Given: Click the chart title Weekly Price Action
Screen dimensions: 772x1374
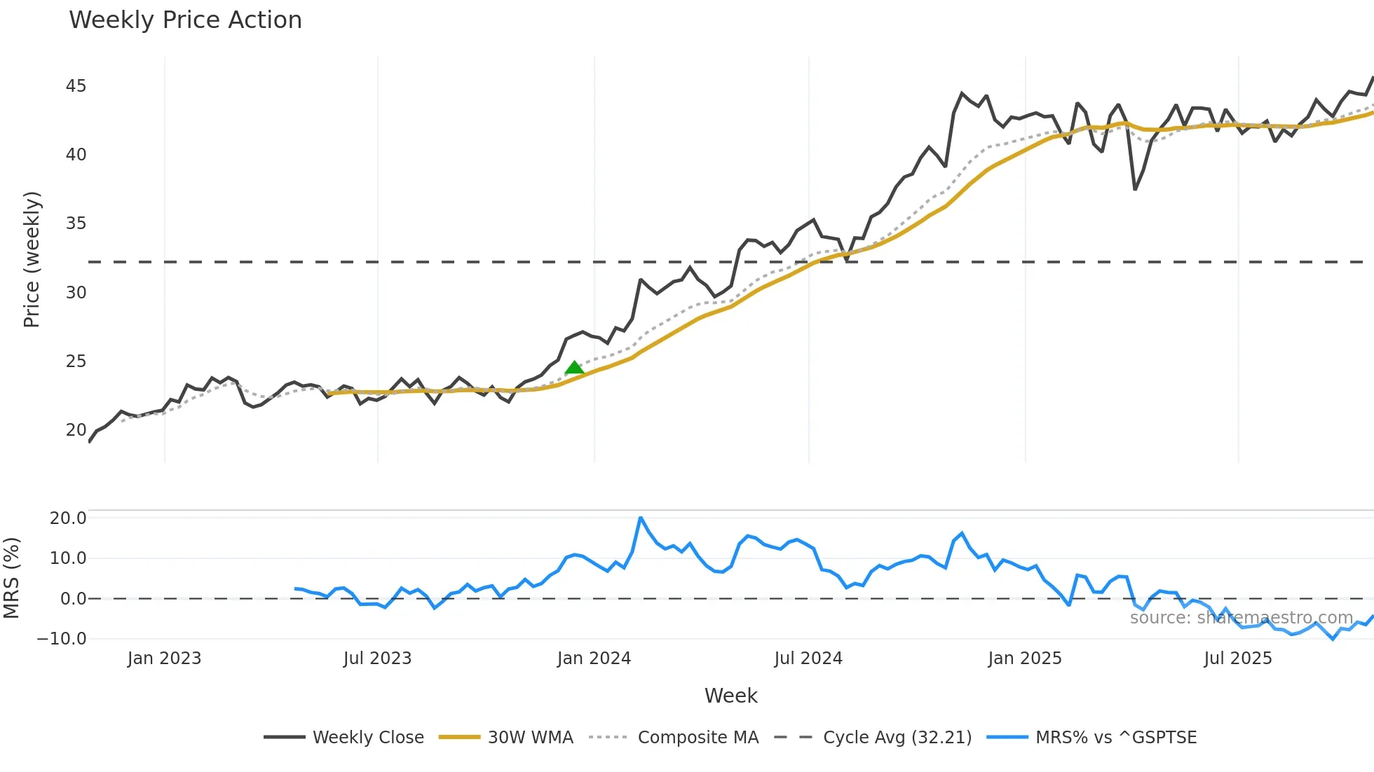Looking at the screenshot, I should (x=185, y=20).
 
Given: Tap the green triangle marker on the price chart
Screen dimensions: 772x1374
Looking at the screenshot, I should (x=574, y=368).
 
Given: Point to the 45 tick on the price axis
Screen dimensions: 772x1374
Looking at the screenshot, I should (x=76, y=86).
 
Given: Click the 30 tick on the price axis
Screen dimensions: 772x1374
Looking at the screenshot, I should (x=76, y=292).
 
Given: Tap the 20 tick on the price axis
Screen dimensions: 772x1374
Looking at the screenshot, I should (x=76, y=429).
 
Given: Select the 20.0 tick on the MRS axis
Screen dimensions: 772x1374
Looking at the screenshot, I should (x=68, y=518).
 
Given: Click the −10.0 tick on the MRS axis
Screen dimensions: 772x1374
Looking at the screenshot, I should (x=62, y=638).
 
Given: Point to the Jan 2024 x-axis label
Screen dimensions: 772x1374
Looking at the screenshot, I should (x=594, y=659).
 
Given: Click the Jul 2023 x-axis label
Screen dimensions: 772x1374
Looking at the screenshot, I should (x=377, y=659).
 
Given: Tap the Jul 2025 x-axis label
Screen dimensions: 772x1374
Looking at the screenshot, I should (x=1237, y=659).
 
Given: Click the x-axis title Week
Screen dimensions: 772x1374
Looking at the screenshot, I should (x=730, y=696).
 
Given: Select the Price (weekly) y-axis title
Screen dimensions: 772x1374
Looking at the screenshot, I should (x=32, y=259).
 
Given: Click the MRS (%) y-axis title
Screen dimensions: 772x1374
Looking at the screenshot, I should (x=12, y=578).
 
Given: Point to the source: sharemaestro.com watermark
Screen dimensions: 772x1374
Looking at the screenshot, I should (x=1241, y=618).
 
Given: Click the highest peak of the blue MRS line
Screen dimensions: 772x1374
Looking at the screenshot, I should (x=641, y=518).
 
